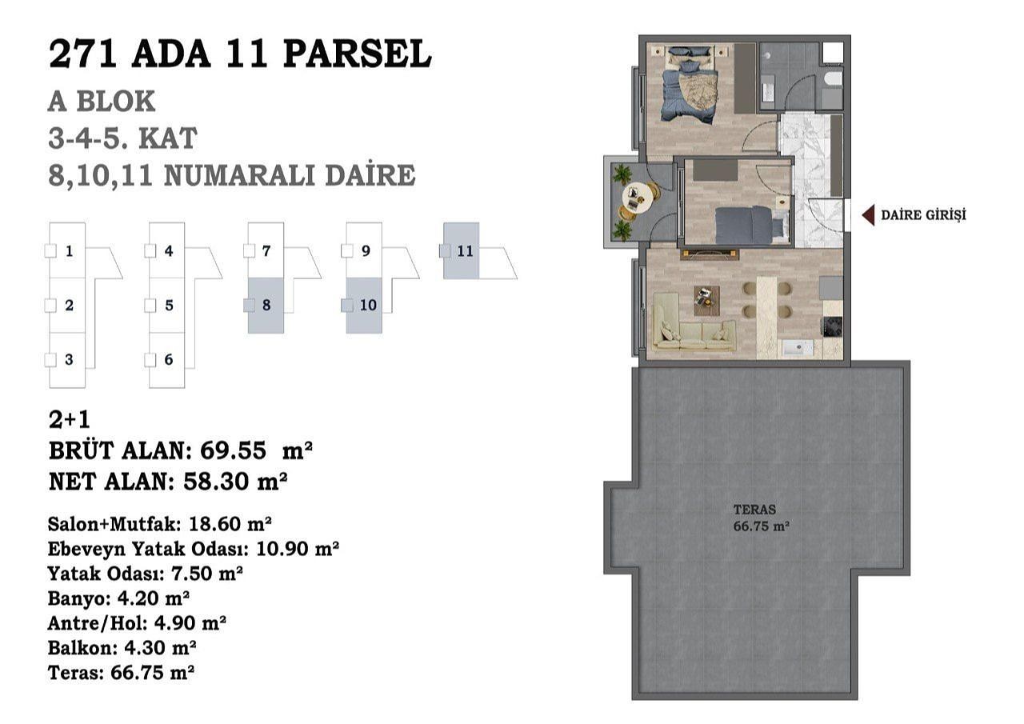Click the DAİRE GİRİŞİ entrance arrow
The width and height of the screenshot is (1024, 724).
coord(868,215)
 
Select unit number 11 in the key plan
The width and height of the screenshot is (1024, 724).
coord(465,251)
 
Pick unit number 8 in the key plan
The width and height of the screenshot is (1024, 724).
coord(266,305)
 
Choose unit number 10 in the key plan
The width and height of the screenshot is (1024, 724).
coord(368,305)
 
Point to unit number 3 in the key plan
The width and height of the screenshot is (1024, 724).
coord(69,360)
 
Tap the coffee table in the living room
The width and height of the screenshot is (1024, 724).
coord(706,301)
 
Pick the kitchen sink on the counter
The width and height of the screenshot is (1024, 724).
coord(798,348)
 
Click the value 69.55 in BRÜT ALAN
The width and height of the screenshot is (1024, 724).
coord(233,450)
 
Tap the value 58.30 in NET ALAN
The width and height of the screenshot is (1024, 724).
coord(217,481)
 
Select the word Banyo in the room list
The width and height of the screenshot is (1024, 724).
coord(76,598)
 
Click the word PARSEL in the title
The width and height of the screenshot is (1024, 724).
coord(357,54)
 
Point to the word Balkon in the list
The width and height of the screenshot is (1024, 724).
coord(80,648)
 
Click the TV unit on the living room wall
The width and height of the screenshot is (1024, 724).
coord(710,254)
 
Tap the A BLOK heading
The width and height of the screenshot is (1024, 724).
coord(102,102)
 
